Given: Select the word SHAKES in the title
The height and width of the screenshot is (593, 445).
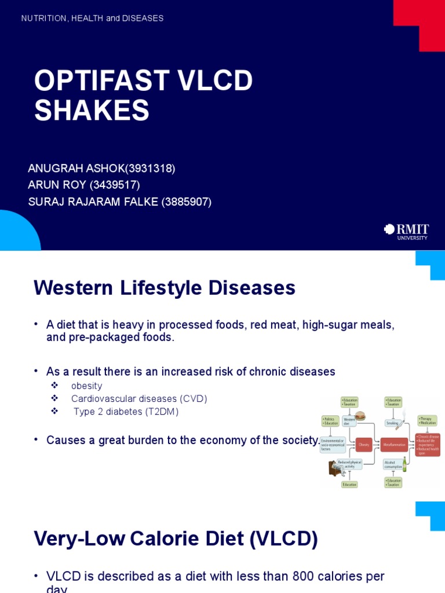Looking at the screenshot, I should click(92, 110).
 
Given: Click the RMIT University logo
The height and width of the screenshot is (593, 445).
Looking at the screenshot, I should click(406, 232).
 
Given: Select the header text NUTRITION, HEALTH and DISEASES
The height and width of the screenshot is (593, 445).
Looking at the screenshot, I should click(92, 19).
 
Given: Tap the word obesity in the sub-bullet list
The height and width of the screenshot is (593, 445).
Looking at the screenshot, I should click(86, 386).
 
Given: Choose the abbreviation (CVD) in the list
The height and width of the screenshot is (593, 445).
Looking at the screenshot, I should click(193, 399).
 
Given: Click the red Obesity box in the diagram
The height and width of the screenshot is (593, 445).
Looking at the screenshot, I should click(363, 445).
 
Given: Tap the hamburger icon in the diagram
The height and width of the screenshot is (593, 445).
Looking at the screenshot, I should click(360, 415).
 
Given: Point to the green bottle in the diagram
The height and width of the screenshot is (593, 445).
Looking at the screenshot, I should click(404, 464).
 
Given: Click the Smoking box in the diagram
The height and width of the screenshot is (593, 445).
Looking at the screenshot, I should click(392, 423).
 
